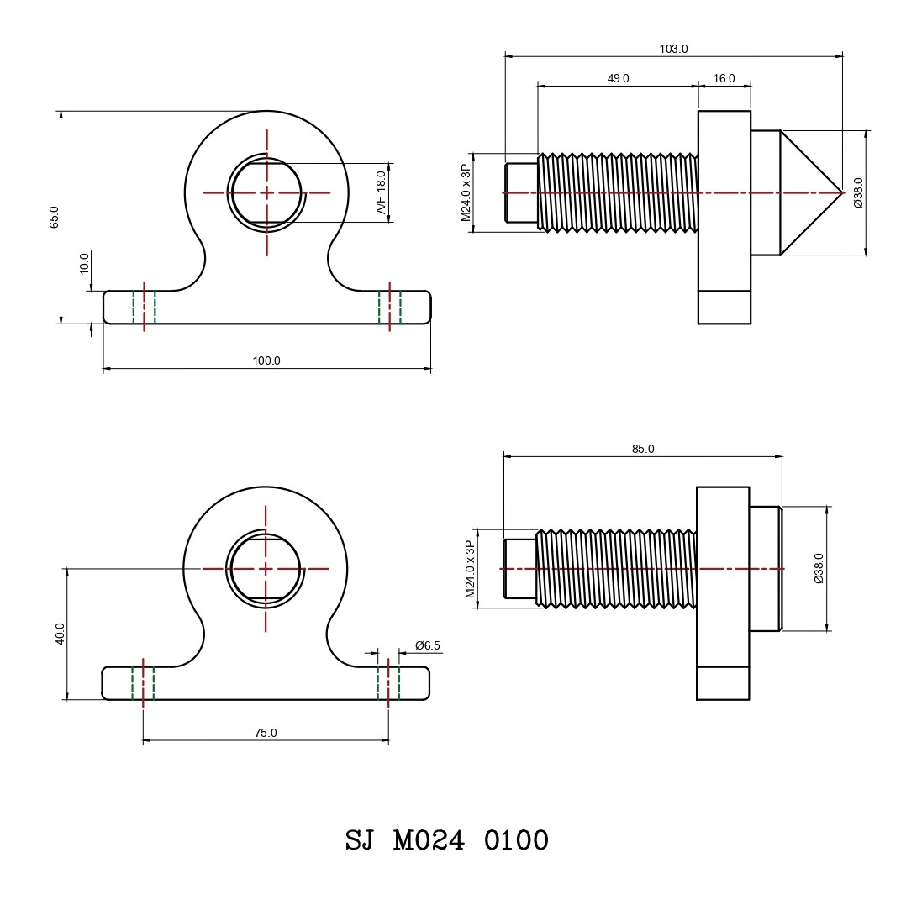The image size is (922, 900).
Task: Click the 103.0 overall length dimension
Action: tap(673, 49)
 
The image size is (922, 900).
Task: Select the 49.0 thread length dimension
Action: tap(618, 78)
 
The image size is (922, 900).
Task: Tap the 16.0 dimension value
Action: tap(724, 78)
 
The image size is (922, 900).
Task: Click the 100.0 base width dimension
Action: tap(266, 361)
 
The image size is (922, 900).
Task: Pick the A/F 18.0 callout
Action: tap(381, 192)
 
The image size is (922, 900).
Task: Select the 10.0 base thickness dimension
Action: tap(84, 263)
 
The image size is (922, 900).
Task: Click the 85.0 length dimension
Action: tap(643, 449)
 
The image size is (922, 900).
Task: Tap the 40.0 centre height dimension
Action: tap(59, 634)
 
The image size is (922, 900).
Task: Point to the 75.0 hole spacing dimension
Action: tap(266, 733)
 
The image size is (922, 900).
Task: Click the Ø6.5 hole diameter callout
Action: tap(428, 645)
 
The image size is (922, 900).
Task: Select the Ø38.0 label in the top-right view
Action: tap(857, 192)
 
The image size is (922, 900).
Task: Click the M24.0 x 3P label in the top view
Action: tap(465, 192)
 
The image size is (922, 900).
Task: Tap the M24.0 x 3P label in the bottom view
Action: tap(470, 569)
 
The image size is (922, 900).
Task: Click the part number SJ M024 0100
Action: tap(447, 840)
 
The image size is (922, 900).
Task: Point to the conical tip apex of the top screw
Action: tap(841, 192)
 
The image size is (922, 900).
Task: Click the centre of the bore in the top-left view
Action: tap(266, 192)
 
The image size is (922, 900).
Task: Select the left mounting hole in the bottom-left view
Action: tap(144, 682)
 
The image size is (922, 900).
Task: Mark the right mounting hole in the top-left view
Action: tap(389, 307)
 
